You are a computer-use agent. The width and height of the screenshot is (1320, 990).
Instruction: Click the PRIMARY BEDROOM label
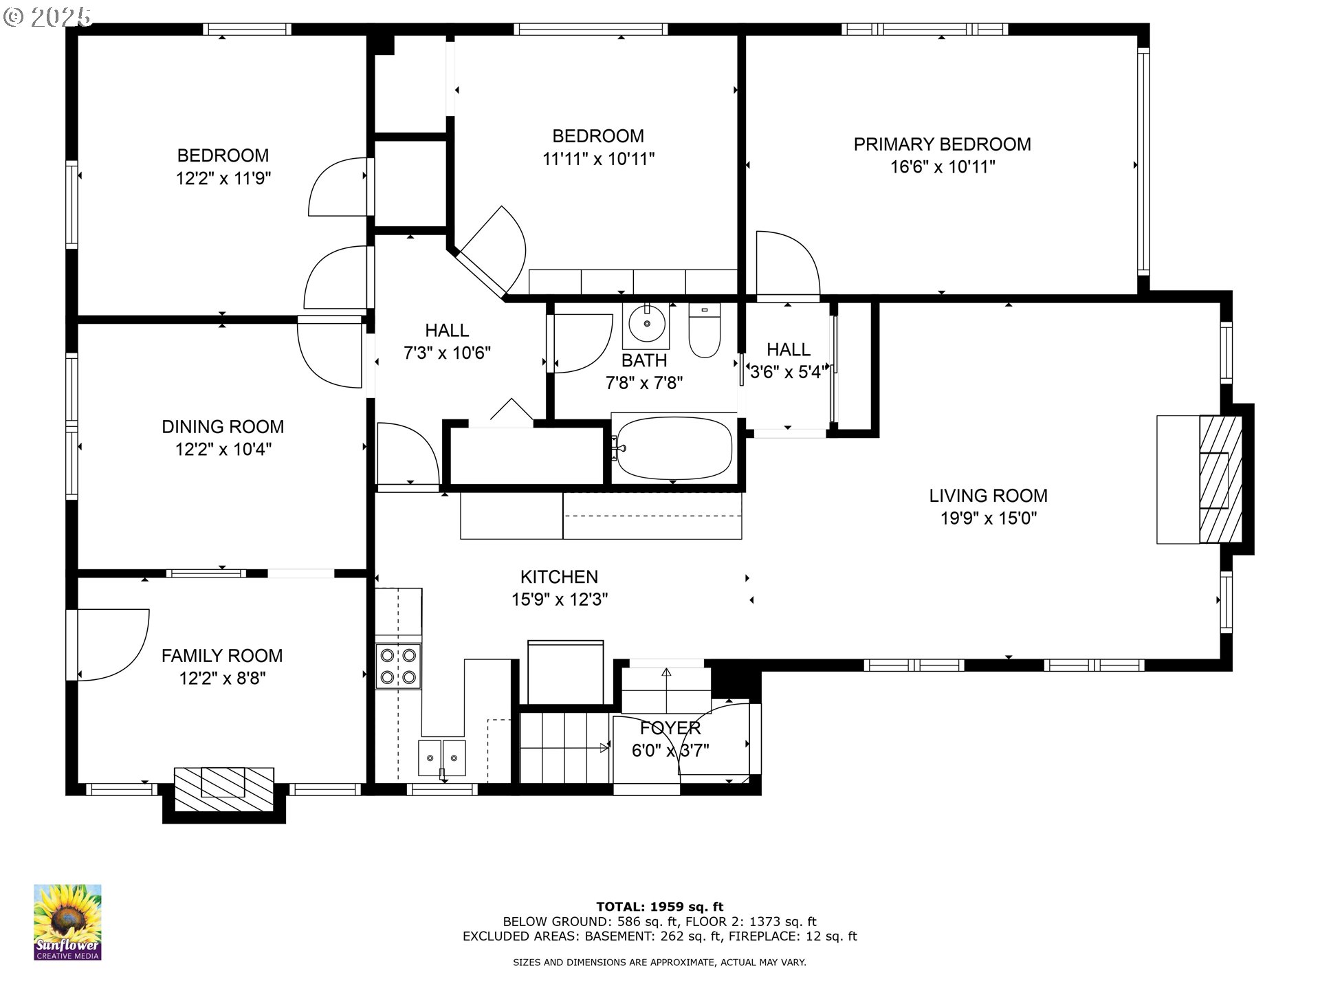[942, 144]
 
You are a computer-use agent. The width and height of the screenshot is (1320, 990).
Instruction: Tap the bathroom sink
[646, 323]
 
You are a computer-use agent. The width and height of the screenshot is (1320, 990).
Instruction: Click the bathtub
[674, 448]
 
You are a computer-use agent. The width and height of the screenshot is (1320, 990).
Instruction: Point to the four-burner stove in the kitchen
[398, 666]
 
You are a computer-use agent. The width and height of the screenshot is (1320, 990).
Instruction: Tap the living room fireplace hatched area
[1221, 479]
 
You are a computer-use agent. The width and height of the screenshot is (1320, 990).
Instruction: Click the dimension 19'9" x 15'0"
[988, 518]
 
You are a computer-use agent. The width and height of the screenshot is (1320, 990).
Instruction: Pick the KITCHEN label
[559, 577]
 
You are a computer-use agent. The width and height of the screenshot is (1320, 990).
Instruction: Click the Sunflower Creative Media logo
[67, 922]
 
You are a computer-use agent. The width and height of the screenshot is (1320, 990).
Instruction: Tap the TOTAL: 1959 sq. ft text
[659, 907]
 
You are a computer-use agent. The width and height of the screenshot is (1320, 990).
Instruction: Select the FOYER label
[670, 727]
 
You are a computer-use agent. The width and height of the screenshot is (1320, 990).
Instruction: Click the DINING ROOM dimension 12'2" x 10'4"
[223, 450]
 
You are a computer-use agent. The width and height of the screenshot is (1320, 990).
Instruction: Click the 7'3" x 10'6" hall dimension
[447, 353]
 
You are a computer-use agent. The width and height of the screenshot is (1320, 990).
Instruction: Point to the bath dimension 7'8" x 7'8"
[643, 383]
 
